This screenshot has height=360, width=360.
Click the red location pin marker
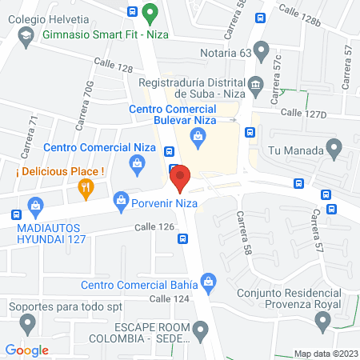click(180, 178)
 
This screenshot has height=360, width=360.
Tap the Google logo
click(26, 350)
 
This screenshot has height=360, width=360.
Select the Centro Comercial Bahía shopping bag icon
click(209, 281)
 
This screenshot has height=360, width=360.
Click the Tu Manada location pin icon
click(335, 148)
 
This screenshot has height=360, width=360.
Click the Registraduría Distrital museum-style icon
click(255, 83)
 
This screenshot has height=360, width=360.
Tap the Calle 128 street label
click(113, 66)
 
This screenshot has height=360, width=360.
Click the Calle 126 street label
click(154, 228)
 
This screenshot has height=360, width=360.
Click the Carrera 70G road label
click(82, 106)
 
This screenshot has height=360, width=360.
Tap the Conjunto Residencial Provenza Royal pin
click(322, 322)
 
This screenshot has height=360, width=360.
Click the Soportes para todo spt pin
click(28, 323)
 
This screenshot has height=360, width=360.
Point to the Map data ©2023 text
click(325, 353)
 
